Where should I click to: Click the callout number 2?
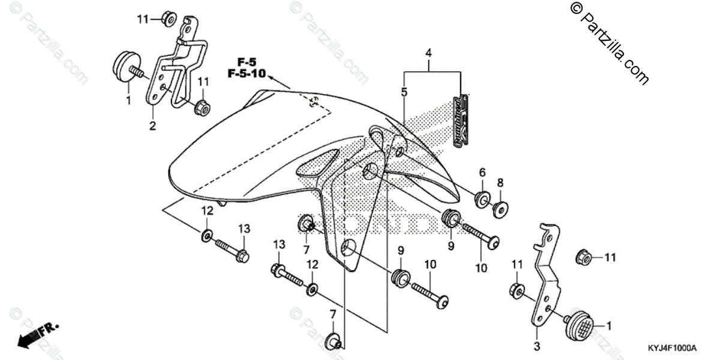click(152, 126)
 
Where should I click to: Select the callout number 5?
click(404, 92)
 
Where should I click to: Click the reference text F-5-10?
click(247, 74)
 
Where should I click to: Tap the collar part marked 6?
click(481, 198)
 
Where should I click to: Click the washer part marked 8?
click(499, 208)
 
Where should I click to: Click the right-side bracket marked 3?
click(548, 276)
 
